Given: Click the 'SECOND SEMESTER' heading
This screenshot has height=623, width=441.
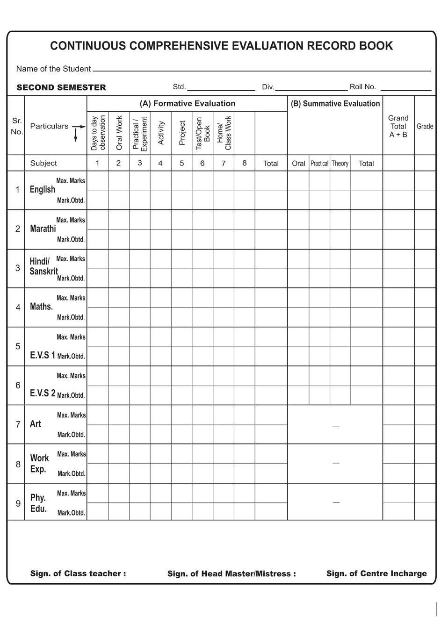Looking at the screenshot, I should pyautogui.click(x=61, y=87).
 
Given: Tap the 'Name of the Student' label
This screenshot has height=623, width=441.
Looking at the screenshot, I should pyautogui.click(x=53, y=69).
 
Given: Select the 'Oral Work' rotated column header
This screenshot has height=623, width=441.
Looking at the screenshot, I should pyautogui.click(x=119, y=133).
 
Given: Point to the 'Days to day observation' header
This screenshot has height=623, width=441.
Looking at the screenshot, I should pyautogui.click(x=98, y=133).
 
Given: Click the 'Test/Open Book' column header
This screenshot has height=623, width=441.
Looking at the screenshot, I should pyautogui.click(x=202, y=133).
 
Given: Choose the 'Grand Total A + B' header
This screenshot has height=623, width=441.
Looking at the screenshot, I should pyautogui.click(x=398, y=126).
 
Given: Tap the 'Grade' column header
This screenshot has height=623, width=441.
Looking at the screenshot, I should pyautogui.click(x=425, y=126).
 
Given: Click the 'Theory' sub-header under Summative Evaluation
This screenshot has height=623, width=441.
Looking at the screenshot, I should pyautogui.click(x=340, y=164).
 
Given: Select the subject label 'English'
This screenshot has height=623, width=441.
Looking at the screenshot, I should pyautogui.click(x=43, y=189).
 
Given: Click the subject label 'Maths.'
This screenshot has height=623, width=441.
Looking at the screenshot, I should pyautogui.click(x=42, y=307).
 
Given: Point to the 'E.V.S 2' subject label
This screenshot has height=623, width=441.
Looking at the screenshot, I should pyautogui.click(x=43, y=393).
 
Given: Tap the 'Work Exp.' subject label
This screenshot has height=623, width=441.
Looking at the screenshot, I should pyautogui.click(x=39, y=463).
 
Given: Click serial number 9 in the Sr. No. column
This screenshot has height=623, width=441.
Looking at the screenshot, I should pyautogui.click(x=18, y=503).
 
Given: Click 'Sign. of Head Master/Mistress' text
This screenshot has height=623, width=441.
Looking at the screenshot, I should pyautogui.click(x=231, y=573).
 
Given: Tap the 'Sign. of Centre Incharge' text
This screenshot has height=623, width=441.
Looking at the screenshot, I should pyautogui.click(x=376, y=573).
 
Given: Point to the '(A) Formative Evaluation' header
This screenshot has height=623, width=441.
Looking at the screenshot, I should pyautogui.click(x=188, y=104).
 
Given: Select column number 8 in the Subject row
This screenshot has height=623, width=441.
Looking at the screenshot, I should pyautogui.click(x=245, y=163).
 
